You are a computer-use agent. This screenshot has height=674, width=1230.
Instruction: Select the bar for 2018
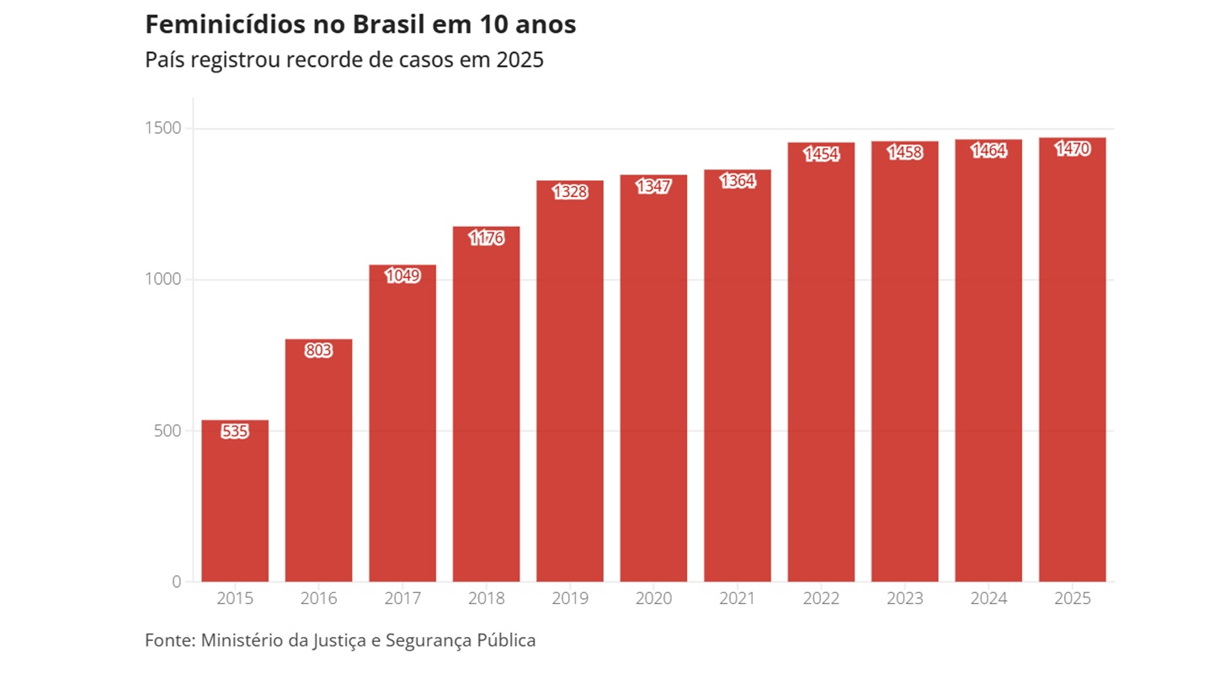tap(486, 404)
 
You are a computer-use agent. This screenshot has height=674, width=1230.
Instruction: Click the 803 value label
tap(318, 350)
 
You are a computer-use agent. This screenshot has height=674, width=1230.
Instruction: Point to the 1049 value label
tap(402, 275)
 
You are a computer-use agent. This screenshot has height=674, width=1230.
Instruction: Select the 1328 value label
tap(570, 191)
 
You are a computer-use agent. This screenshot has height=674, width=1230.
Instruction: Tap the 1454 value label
tap(821, 153)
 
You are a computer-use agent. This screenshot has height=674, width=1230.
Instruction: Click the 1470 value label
tap(1072, 149)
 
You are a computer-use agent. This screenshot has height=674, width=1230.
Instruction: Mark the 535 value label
tap(235, 431)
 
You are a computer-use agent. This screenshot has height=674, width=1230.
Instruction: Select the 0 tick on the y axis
tap(176, 581)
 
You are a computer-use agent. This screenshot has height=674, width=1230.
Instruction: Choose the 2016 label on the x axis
tap(318, 599)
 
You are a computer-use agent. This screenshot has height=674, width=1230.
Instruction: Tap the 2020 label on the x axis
tap(653, 599)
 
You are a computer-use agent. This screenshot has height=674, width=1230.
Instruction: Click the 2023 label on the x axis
tap(904, 599)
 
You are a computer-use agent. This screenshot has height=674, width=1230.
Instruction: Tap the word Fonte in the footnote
tap(168, 640)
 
